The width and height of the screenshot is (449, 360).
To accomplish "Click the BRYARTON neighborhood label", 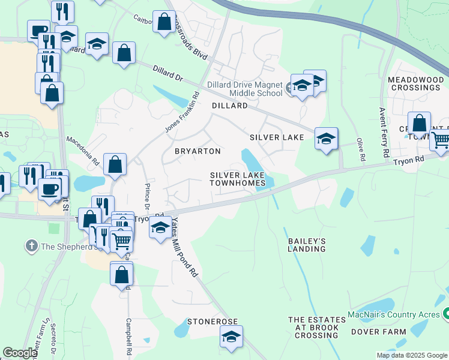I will click(197, 151).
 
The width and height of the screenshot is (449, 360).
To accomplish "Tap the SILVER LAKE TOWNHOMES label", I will click(237, 179).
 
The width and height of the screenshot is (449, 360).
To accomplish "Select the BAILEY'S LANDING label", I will click(307, 245).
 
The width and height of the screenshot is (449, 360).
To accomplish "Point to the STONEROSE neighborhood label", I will click(212, 322).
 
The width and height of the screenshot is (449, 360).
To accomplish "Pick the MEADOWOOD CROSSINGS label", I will click(414, 83).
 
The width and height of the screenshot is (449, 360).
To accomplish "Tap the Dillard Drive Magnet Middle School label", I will click(244, 89).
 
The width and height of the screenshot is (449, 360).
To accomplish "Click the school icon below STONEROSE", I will click(231, 337).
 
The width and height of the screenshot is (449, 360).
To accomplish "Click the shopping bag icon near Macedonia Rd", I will click(115, 163).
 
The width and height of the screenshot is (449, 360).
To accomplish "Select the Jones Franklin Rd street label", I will click(181, 113).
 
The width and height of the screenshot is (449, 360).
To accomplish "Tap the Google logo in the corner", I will click(19, 353).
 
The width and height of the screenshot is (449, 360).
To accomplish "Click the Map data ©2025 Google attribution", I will click(411, 355).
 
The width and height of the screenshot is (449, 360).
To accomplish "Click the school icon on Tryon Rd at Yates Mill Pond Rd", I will click(160, 227).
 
